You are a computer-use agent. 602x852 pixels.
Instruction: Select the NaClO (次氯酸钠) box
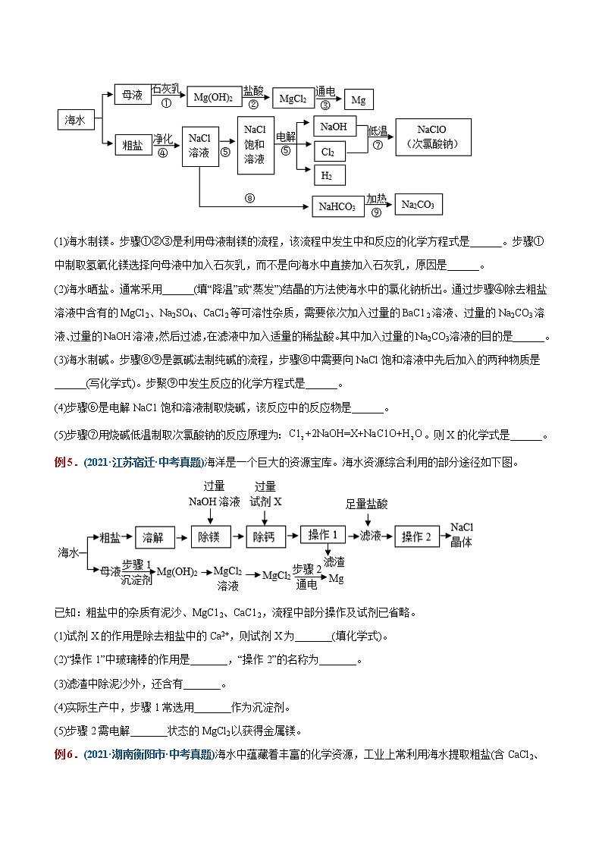pyautogui.click(x=433, y=137)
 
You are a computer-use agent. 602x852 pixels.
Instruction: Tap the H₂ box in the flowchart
pyautogui.click(x=328, y=175)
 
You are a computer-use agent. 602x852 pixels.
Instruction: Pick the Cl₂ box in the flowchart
pyautogui.click(x=328, y=152)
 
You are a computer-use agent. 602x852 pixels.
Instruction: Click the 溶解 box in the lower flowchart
pyautogui.click(x=155, y=536)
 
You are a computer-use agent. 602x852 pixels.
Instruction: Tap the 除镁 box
pyautogui.click(x=210, y=536)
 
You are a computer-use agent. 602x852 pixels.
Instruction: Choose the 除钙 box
pyautogui.click(x=265, y=536)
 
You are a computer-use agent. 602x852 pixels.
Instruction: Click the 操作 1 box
pyautogui.click(x=323, y=535)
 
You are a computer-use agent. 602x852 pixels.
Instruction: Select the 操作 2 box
pyautogui.click(x=416, y=536)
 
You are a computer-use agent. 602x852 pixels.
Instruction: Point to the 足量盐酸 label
pyautogui.click(x=367, y=503)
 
